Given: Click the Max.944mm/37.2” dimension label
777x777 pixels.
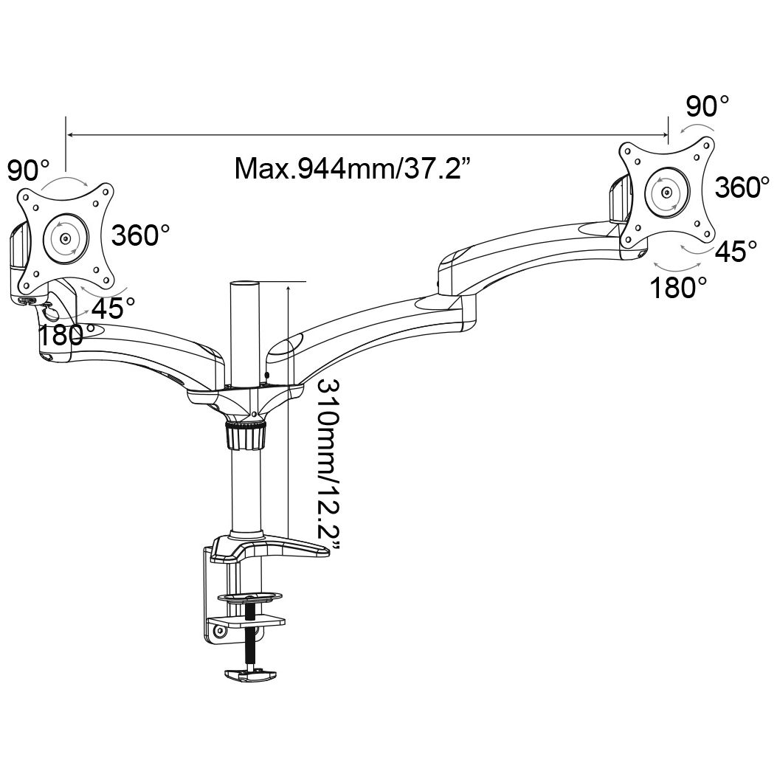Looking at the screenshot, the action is [x=351, y=168].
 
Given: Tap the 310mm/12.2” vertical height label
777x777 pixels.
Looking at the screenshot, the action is [x=328, y=465].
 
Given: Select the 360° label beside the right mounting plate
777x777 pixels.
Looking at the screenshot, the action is [x=742, y=187].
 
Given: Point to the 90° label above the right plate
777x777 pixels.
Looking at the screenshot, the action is [x=707, y=106].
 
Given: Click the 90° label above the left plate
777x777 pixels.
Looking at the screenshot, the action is [x=28, y=170].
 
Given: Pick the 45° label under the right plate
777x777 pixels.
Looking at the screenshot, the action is [x=736, y=251].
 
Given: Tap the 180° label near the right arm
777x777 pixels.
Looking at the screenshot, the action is [x=678, y=288].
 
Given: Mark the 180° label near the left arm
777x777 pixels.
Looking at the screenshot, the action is [x=61, y=335].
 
